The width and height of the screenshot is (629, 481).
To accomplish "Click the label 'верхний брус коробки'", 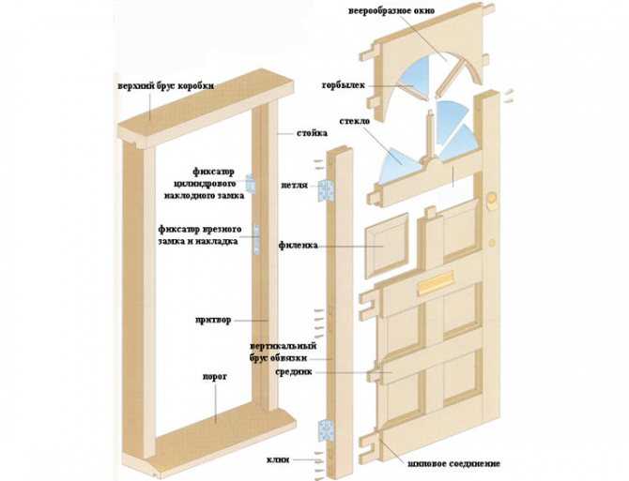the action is pyautogui.click(x=165, y=86).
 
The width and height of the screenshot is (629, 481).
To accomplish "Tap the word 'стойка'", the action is pyautogui.click(x=312, y=133).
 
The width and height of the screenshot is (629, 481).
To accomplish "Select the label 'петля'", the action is pyautogui.click(x=294, y=185).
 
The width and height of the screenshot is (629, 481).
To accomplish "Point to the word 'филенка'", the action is pyautogui.click(x=298, y=245).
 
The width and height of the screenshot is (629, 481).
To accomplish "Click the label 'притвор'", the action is pyautogui.click(x=213, y=320).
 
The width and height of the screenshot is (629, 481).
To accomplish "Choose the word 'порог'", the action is pyautogui.click(x=215, y=377).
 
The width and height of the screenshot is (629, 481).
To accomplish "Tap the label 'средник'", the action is pyautogui.click(x=294, y=372).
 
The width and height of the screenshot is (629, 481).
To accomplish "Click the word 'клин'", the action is pyautogui.click(x=278, y=459).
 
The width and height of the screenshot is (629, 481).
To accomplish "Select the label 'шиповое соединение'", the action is pyautogui.click(x=453, y=464).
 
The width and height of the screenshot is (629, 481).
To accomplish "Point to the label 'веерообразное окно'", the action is pyautogui.click(x=391, y=11).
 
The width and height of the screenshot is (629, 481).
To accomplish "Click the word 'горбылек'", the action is pyautogui.click(x=343, y=85).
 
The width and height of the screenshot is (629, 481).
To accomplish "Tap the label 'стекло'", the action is pyautogui.click(x=355, y=121).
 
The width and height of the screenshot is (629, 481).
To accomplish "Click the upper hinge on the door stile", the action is pyautogui.click(x=327, y=190).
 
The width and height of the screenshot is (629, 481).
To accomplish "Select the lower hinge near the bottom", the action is pyautogui.click(x=326, y=430).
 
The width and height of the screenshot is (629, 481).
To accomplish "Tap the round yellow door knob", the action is pyautogui.click(x=492, y=198).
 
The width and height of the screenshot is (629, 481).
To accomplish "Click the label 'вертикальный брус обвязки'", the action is pyautogui.click(x=284, y=352).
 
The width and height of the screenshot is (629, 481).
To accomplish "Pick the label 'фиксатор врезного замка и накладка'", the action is pyautogui.click(x=199, y=234).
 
